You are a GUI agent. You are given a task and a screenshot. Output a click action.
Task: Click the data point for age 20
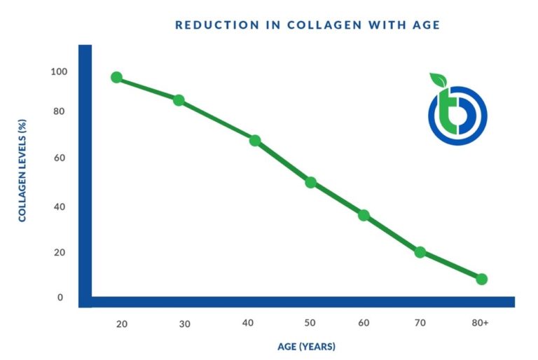pyautogui.click(x=116, y=77)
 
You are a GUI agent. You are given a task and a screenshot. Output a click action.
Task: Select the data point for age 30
pyautogui.click(x=179, y=100)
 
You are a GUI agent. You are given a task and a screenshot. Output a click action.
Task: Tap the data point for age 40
pyautogui.click(x=255, y=141)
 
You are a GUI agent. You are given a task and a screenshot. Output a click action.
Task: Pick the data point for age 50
pyautogui.click(x=311, y=183)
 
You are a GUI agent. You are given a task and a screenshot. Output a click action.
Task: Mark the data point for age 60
pyautogui.click(x=364, y=215)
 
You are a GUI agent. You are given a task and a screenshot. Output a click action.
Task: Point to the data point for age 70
pyautogui.click(x=420, y=252)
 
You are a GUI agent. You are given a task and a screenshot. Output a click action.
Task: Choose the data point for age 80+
pyautogui.click(x=481, y=279)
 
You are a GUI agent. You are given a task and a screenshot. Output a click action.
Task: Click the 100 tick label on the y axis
pyautogui.click(x=59, y=71)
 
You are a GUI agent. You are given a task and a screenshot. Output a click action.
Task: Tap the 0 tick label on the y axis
pyautogui.click(x=60, y=298)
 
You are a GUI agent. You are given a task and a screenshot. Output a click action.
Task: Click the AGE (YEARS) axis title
pyautogui.click(x=307, y=347)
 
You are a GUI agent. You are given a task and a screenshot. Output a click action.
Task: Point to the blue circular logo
pyautogui.click(x=457, y=116)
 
